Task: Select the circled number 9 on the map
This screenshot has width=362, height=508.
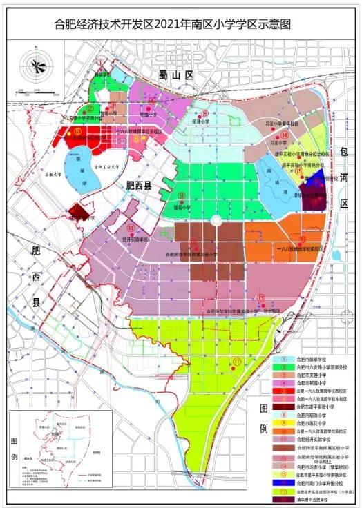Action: (x=182, y=195)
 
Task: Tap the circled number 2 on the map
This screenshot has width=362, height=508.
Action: (x=90, y=109)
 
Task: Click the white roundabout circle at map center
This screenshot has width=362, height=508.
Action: (x=216, y=220)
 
